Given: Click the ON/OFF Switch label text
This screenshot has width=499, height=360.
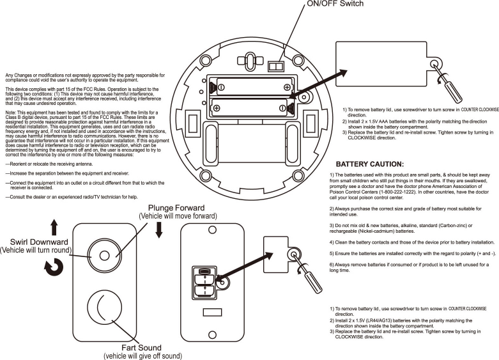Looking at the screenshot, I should tap(335, 4).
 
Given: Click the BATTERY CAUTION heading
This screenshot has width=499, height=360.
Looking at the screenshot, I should tap(369, 164).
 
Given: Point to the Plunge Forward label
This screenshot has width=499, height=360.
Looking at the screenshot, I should tap(176, 208).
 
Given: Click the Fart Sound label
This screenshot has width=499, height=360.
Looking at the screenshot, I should tap(142, 348).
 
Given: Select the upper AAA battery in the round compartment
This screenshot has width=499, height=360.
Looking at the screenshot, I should tap(253, 86).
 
